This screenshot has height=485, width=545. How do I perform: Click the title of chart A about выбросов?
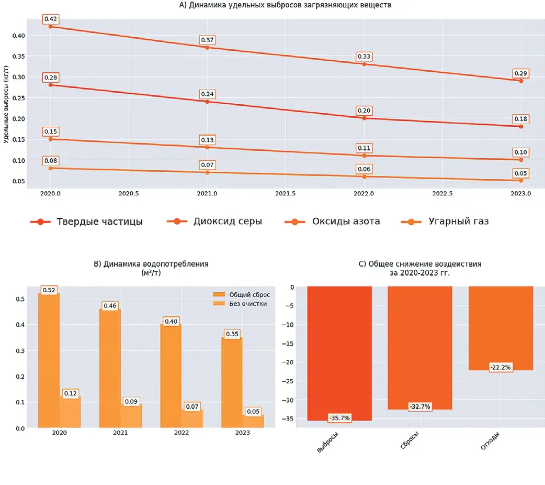[x=286, y=5]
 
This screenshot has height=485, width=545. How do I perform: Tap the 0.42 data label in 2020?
[x=50, y=19]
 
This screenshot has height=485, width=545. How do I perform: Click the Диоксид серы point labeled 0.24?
[x=207, y=101]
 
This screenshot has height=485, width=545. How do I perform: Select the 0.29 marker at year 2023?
[x=520, y=81]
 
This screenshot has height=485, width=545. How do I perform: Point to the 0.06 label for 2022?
[x=364, y=169]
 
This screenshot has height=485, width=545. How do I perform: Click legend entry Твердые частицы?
[x=99, y=222]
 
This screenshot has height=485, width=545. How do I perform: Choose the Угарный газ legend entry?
[x=458, y=222]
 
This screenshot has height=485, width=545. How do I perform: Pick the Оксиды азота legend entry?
[x=346, y=222]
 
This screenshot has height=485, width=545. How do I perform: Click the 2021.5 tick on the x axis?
[x=286, y=193]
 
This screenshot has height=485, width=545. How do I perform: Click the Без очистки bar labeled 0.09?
[x=131, y=416]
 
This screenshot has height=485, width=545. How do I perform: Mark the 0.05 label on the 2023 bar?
[x=253, y=412]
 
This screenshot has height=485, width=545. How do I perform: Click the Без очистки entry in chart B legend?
[x=248, y=304]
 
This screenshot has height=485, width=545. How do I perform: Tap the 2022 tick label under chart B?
[x=181, y=433]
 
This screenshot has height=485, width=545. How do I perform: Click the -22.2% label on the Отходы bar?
[x=501, y=367]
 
